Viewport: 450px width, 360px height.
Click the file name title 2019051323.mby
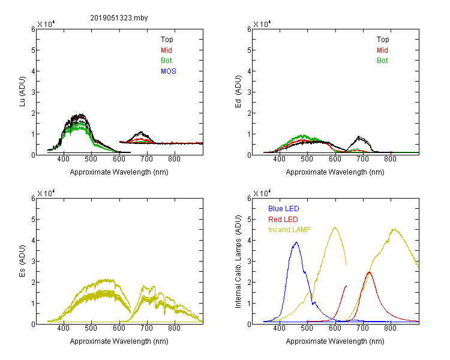click(119, 18)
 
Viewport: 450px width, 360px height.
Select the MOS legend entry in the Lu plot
click(169, 71)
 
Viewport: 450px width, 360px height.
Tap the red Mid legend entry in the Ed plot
click(382, 50)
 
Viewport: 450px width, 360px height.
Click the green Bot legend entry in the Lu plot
click(166, 61)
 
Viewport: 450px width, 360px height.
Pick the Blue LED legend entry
click(284, 209)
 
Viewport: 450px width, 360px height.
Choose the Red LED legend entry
click(283, 220)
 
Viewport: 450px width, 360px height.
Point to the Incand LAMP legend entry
click(289, 230)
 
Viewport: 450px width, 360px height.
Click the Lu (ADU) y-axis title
click(22, 92)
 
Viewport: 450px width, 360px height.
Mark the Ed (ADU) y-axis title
click(238, 92)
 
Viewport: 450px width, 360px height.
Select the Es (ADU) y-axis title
click(22, 261)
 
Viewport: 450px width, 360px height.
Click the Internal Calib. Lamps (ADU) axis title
click(238, 262)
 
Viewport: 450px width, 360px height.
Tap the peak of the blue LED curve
click(296, 242)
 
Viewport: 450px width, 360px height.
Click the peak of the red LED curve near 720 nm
click(369, 272)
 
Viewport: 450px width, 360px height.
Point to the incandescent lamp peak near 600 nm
click(335, 228)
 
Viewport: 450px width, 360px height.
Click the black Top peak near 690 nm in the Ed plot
click(359, 137)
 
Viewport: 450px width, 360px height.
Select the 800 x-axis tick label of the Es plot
click(174, 328)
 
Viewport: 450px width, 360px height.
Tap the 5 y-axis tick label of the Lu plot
click(33, 50)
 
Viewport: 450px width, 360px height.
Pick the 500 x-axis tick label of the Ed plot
click(307, 159)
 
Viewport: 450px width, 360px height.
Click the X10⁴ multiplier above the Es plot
click(46, 193)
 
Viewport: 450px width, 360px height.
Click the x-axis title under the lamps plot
click(335, 341)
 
